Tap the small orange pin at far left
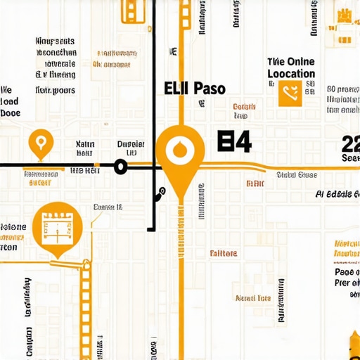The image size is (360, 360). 41,143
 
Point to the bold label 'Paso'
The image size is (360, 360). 208,89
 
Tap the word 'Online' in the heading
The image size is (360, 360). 300,62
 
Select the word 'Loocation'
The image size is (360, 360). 291,74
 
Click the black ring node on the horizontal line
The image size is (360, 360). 120,167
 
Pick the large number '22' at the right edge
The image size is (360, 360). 350,144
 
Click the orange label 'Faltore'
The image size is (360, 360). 223,253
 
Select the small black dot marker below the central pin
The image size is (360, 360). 161,191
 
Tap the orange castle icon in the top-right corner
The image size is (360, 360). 344,17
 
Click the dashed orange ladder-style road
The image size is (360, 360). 86,302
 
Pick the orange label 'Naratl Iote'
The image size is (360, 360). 253,298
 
